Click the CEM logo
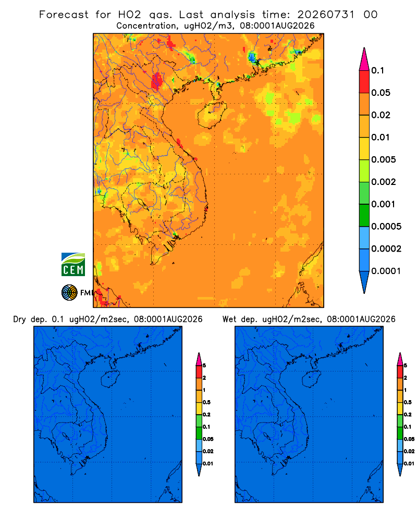point(73,265)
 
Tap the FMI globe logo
point(69,293)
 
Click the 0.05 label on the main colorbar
point(381,93)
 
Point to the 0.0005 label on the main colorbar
point(386,227)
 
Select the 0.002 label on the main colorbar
point(384,182)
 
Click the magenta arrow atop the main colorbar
point(364,59)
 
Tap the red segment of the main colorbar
point(364,82)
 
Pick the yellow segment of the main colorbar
point(364,148)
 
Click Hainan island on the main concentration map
point(212,115)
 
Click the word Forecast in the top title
point(64,15)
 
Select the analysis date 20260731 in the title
point(326,15)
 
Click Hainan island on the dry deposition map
point(110,379)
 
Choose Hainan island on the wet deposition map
point(312,379)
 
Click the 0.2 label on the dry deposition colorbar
point(206,415)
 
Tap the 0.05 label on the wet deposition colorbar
point(409,439)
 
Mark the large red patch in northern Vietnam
point(156,81)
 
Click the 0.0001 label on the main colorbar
point(386,271)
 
